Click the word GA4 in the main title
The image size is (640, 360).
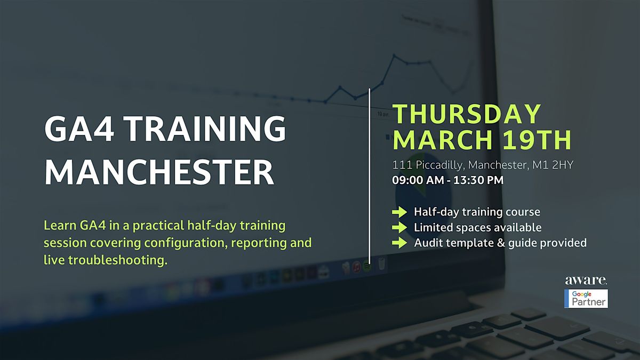click(79, 129)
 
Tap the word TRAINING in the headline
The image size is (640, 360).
click(205, 129)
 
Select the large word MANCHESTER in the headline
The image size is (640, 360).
click(159, 173)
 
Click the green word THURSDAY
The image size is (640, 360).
click(467, 114)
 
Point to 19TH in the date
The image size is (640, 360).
click(537, 139)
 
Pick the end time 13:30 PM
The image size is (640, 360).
click(478, 180)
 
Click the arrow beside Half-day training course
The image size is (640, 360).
click(399, 212)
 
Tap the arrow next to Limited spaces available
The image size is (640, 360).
click(399, 227)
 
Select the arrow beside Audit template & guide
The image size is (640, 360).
click(399, 243)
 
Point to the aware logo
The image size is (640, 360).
click(586, 281)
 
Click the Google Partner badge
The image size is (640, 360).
click(586, 299)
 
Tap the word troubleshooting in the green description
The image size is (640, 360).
click(117, 261)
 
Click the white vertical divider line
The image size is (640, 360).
click(369, 177)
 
